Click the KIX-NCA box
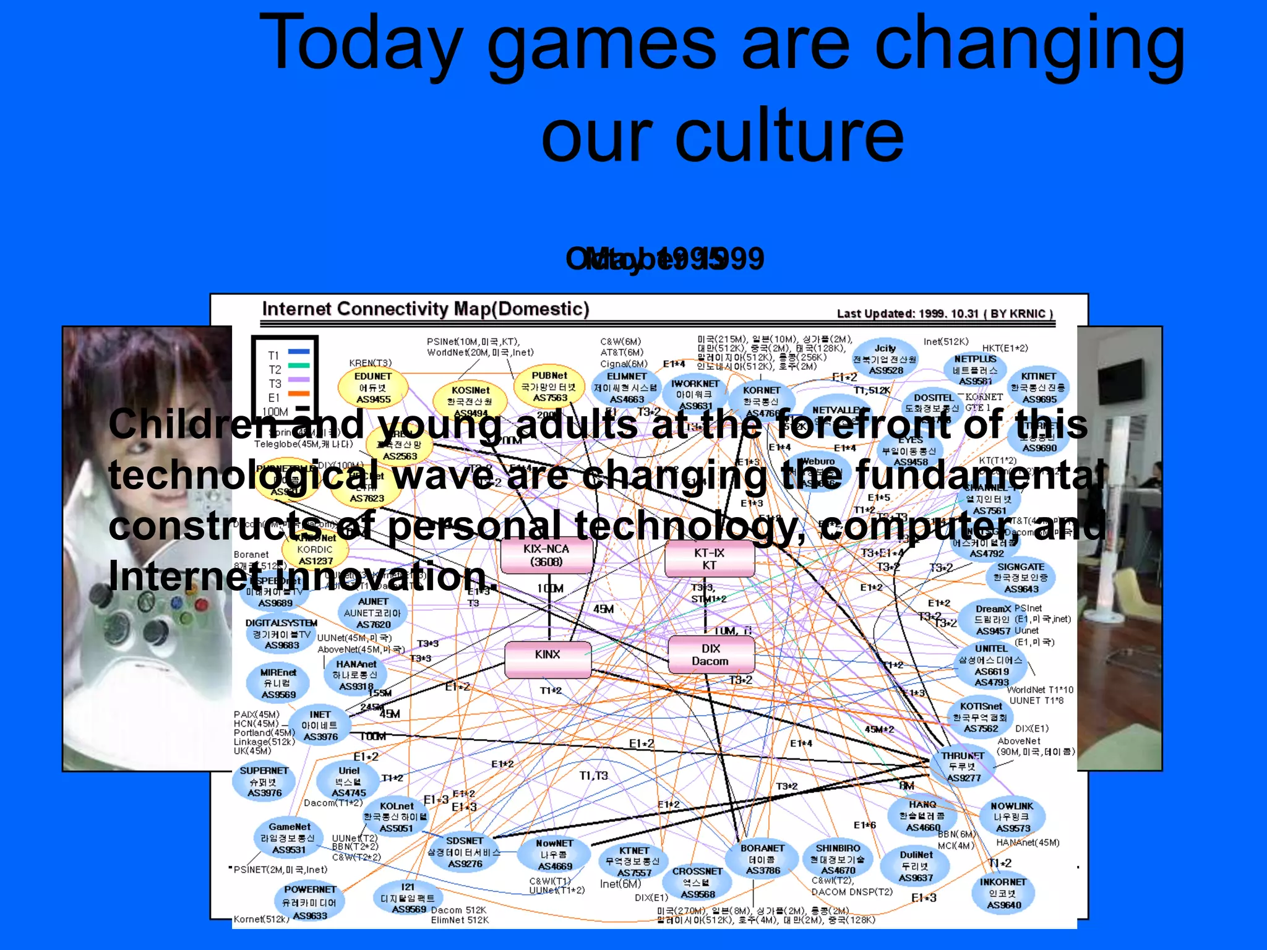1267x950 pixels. coord(546,555)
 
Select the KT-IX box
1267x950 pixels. coord(709,559)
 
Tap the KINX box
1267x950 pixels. coord(548,659)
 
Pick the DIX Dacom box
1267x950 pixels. coord(711,655)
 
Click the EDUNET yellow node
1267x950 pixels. coord(373,387)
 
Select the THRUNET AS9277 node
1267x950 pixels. coord(963,767)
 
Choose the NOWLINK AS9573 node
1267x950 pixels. coord(1012,816)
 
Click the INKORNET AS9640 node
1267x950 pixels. coord(1003,893)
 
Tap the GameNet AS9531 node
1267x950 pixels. coord(289,838)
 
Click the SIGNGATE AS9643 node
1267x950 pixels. coord(1021,578)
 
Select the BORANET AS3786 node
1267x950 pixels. coord(762,859)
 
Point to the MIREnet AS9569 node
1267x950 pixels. coord(278,683)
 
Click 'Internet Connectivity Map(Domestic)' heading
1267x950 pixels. coord(426,309)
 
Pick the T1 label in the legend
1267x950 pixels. coord(274,356)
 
